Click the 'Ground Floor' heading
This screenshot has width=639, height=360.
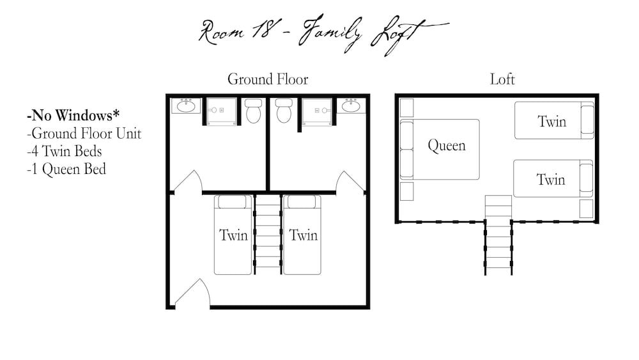point(268,79)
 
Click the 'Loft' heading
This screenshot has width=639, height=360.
point(502,79)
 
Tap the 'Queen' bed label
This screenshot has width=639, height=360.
point(446,146)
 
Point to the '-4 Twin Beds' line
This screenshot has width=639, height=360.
point(64,152)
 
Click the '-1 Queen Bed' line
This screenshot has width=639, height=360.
point(66,169)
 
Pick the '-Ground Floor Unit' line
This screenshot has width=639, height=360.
point(84,134)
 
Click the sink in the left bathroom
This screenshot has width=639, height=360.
point(186,106)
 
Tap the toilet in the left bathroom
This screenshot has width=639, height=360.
point(254,111)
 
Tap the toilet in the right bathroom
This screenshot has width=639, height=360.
point(284,111)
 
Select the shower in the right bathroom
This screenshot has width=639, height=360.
point(317,110)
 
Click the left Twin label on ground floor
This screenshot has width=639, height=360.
point(233,235)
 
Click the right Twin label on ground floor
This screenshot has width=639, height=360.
point(303,235)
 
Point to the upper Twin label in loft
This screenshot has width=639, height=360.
point(551,121)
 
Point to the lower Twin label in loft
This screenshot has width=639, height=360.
point(551,180)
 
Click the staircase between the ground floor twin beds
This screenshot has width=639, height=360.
point(268,234)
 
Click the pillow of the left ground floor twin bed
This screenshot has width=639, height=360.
point(233,202)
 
